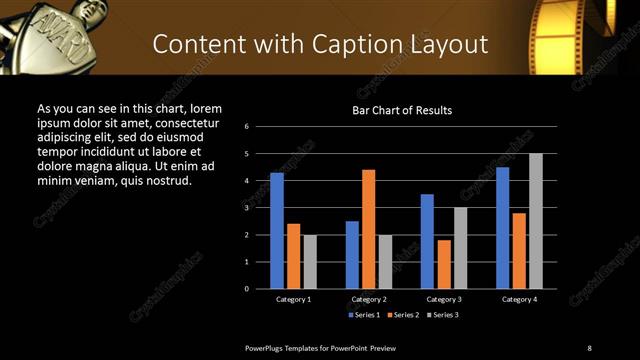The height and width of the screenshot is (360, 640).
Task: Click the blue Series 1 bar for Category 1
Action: (277, 231)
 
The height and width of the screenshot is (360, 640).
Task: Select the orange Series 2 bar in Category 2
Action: (369, 229)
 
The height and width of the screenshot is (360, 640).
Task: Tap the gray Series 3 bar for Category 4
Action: (536, 221)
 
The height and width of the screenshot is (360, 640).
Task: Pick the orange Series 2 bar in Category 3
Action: (444, 264)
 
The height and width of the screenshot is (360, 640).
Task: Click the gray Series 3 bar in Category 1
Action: (310, 262)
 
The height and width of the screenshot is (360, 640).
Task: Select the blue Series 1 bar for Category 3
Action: (427, 241)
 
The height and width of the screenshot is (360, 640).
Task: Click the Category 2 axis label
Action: (369, 299)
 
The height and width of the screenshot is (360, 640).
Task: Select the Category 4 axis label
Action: (519, 299)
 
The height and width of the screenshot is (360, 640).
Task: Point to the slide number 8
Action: (589, 347)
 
